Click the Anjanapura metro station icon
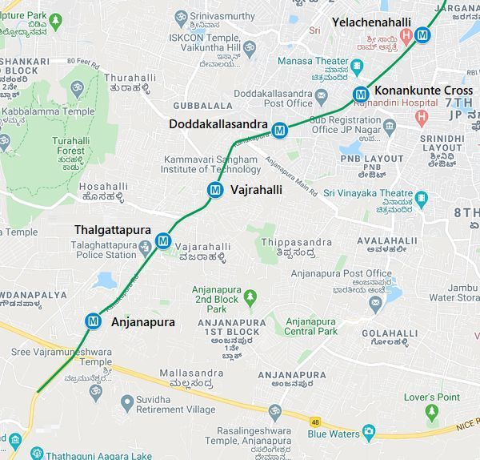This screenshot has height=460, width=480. coord(94,321)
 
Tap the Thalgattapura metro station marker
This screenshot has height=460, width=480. coord(164,240)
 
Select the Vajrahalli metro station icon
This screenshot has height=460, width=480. coord(214,190)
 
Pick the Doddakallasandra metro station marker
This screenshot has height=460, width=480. coord(279,130)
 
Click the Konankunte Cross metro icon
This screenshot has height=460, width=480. coord(362,95)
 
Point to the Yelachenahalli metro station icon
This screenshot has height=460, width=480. coord(422,35)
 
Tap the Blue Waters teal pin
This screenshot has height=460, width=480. coord(369,433)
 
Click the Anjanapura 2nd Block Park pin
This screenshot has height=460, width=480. coord(250,298)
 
